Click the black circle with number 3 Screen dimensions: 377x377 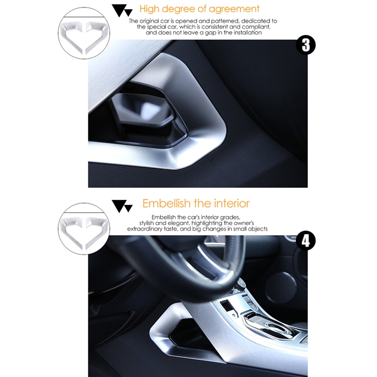(x=305, y=46)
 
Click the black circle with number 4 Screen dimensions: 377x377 (x=305, y=241)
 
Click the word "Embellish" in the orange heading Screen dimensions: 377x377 (x=166, y=204)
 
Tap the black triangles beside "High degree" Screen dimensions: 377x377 (x=122, y=9)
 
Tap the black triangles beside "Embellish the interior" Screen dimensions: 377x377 (x=122, y=205)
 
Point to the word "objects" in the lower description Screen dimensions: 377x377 (x=256, y=229)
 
